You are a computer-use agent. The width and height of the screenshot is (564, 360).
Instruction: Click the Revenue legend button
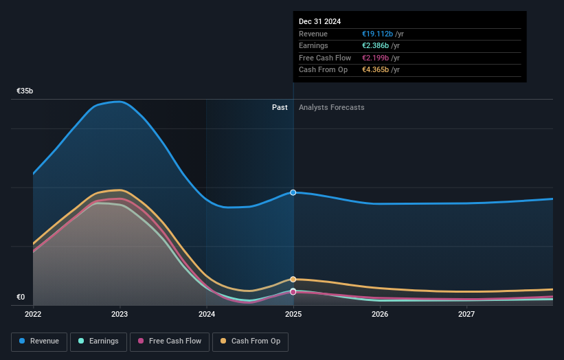tap(39, 341)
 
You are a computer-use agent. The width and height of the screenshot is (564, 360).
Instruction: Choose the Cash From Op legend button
tap(251, 341)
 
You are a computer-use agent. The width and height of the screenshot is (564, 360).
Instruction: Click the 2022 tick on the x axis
tap(33, 315)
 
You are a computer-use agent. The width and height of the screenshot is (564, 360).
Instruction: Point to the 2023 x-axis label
tap(120, 315)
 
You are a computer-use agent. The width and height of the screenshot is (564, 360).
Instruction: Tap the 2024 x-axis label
tap(207, 315)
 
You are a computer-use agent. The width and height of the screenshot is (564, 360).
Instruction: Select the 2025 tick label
tap(293, 315)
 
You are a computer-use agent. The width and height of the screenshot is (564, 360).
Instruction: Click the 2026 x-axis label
tap(380, 315)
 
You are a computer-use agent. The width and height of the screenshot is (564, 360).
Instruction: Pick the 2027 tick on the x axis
tap(466, 315)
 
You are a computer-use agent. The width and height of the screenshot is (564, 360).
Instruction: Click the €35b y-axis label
tap(25, 91)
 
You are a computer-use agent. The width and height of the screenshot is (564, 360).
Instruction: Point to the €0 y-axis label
tap(21, 297)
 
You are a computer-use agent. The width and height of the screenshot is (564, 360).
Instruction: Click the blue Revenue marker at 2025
tap(293, 192)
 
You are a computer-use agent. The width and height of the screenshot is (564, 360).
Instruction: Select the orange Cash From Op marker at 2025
tap(293, 279)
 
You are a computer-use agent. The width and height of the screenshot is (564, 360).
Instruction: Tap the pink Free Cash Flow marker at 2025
tap(293, 292)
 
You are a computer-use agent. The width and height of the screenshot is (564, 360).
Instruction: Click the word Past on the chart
tap(280, 107)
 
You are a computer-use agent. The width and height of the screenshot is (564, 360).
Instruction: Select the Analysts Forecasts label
tap(331, 107)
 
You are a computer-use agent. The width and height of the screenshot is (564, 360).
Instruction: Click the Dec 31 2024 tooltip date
tap(320, 22)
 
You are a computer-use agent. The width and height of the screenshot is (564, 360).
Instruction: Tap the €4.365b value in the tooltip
tap(376, 70)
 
